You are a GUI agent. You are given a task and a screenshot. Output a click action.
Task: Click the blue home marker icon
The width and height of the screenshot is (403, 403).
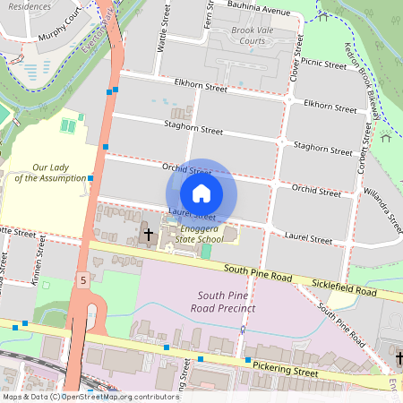coord(201,193)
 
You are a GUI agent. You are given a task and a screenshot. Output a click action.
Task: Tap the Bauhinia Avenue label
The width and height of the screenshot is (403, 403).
coord(259,13)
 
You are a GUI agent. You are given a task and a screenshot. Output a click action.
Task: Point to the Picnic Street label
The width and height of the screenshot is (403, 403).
coord(323,64)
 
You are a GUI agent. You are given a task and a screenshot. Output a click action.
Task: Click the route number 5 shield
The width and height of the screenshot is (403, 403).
coord(82,280)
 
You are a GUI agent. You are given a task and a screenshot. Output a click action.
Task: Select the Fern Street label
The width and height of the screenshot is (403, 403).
coord(209,13)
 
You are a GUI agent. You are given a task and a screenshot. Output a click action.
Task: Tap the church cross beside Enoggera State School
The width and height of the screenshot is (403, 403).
coord(149,236)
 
